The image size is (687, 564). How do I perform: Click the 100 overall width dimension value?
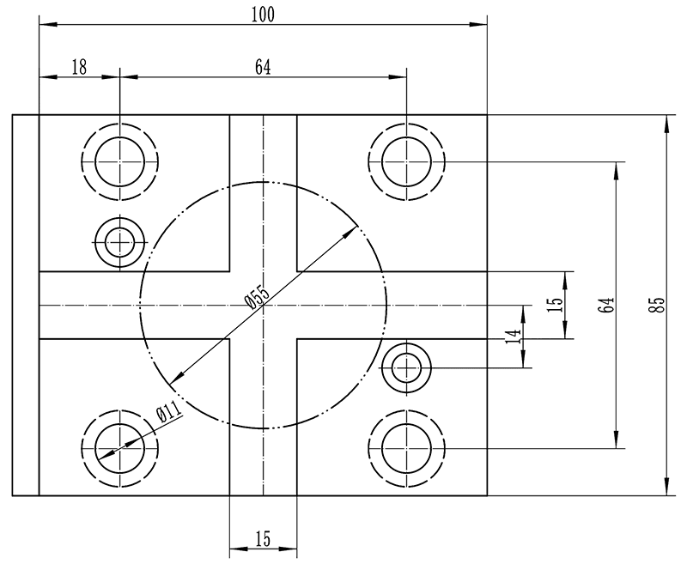coord(263,15)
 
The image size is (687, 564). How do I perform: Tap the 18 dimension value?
coord(79,68)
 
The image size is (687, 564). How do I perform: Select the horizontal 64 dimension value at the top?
coord(263,68)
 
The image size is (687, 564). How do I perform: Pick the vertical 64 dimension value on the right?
coord(606,305)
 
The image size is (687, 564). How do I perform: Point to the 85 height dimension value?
coord(657,305)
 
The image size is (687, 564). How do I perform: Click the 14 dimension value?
coord(514,337)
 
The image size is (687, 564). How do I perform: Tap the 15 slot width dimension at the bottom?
coord(263,539)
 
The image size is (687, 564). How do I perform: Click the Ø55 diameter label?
coord(257,296)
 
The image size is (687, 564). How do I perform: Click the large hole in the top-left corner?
coord(121,161)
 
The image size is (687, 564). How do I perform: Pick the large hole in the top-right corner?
coord(406,161)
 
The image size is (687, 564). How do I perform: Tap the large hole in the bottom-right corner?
coord(406,449)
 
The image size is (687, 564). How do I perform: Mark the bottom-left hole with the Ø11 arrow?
coord(121,449)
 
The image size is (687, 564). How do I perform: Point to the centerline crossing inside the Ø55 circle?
coord(263,305)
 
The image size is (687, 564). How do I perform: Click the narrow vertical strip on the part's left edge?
coord(26,305)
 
